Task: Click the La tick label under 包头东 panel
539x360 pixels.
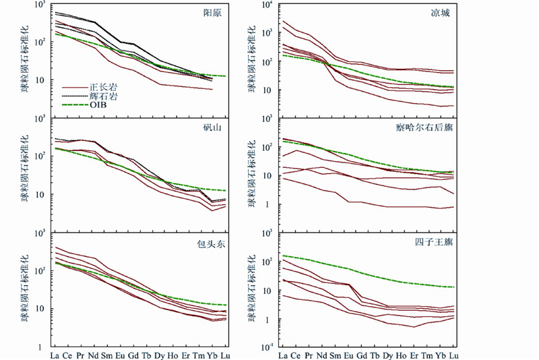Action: (55, 355)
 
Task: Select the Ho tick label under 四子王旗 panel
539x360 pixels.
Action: (401, 355)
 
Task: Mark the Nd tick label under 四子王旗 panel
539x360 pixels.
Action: (321, 355)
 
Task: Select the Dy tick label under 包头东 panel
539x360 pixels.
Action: (160, 355)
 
